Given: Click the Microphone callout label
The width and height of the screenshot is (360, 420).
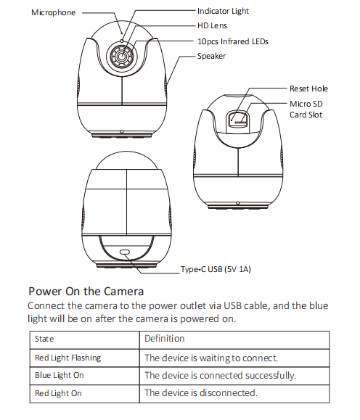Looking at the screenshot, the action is (x=53, y=12).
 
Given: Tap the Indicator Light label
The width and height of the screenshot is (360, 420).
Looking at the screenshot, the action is (x=223, y=11).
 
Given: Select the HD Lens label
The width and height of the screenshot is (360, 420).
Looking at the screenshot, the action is (x=212, y=25).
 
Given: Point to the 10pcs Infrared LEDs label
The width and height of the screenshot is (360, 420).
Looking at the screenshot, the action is (x=233, y=41).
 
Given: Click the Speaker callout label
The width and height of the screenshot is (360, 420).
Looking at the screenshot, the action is (x=211, y=56).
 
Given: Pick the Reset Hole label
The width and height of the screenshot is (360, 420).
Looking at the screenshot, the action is (x=308, y=88).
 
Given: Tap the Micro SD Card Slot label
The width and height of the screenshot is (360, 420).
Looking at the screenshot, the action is (x=306, y=110).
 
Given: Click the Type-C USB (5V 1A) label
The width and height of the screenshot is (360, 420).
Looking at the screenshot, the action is (x=216, y=269).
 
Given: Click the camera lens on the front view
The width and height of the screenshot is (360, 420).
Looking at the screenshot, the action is (x=122, y=57).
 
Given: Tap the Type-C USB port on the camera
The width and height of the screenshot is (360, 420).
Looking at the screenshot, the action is (x=125, y=252).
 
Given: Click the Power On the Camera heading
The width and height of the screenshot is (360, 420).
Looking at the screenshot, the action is (x=86, y=291).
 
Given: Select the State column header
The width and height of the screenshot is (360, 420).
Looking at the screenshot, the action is (x=44, y=339).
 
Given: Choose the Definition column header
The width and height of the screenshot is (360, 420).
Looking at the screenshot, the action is (x=165, y=339).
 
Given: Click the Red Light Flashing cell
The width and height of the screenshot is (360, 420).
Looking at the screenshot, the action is (x=67, y=358).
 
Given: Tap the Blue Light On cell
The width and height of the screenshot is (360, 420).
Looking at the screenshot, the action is (x=60, y=375).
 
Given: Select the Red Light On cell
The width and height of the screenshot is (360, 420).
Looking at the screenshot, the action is (x=58, y=393).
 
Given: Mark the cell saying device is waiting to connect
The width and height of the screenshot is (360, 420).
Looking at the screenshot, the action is (x=211, y=358).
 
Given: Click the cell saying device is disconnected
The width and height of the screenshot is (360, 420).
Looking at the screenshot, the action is (x=201, y=393).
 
